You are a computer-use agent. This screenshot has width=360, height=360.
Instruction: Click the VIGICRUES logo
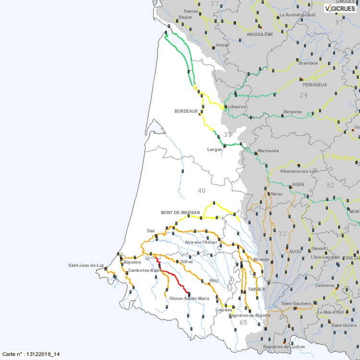pos(340,8)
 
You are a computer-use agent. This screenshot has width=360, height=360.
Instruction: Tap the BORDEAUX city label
pos(186,111)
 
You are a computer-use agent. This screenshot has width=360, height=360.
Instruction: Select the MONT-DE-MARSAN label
pos(180,212)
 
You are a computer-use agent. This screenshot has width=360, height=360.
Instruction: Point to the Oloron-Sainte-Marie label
pos(189,299)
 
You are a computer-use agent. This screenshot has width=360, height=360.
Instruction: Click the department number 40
pos(202,191)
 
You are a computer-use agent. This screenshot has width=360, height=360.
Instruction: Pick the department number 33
pos(228,135)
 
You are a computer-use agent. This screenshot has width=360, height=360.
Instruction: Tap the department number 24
pos(303,95)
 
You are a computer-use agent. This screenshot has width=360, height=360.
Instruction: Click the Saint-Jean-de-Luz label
pos(86,265)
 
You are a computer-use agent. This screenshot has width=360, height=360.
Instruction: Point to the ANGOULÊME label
pos(260,35)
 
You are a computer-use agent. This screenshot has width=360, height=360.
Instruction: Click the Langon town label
pos(215,149)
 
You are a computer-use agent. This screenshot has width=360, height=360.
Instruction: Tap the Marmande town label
pos(268,151)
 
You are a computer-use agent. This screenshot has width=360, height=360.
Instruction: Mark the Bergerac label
pos(293,111)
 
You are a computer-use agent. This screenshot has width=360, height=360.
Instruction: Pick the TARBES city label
pos(256,289)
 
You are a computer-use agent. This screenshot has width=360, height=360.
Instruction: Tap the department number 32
pos(282,234)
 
